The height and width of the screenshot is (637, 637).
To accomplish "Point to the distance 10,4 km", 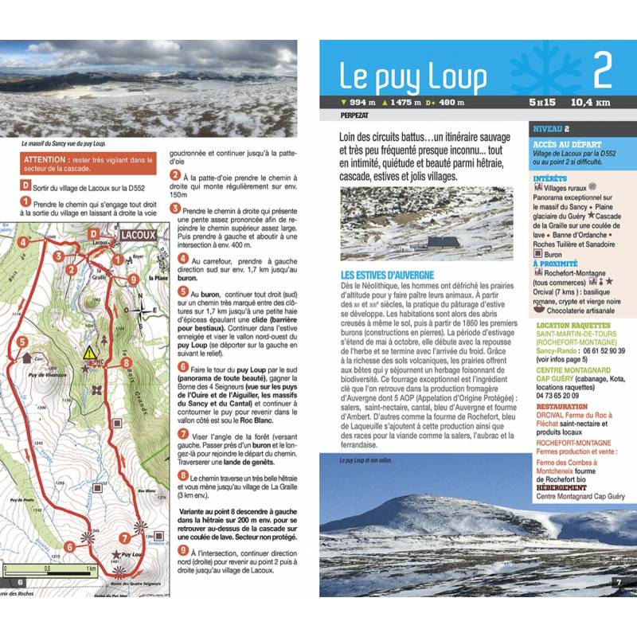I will [590, 102].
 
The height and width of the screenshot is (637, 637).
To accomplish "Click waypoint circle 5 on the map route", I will [22, 341].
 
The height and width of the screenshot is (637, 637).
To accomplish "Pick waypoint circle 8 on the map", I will [125, 363].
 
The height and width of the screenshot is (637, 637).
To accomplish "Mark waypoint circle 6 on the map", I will [69, 546].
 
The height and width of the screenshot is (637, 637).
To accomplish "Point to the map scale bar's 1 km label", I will [90, 569].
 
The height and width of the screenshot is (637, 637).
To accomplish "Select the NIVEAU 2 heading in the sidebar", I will [551, 128].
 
